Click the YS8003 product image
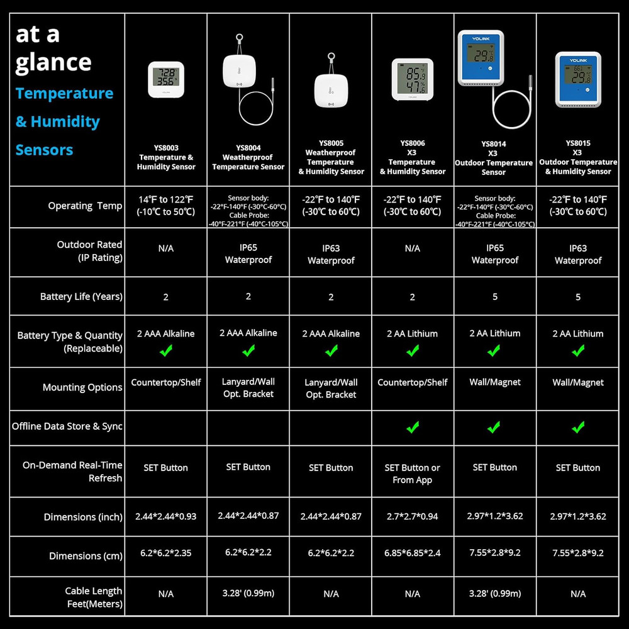[166, 79]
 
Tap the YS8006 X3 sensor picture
[413, 79]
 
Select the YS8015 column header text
[578, 157]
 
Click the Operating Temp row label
[85, 206]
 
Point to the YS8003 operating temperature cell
[165, 206]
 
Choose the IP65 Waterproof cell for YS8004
[248, 253]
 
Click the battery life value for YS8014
[495, 296]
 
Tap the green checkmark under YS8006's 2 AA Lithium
[413, 350]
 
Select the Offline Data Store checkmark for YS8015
[578, 427]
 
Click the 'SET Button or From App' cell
[413, 474]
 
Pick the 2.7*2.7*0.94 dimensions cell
[413, 516]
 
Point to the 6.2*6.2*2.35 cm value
[165, 553]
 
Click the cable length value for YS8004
[248, 593]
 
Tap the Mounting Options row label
[82, 387]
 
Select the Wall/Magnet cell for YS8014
[495, 382]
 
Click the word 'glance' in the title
[53, 63]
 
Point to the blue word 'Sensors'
[44, 150]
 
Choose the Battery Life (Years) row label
[81, 296]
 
